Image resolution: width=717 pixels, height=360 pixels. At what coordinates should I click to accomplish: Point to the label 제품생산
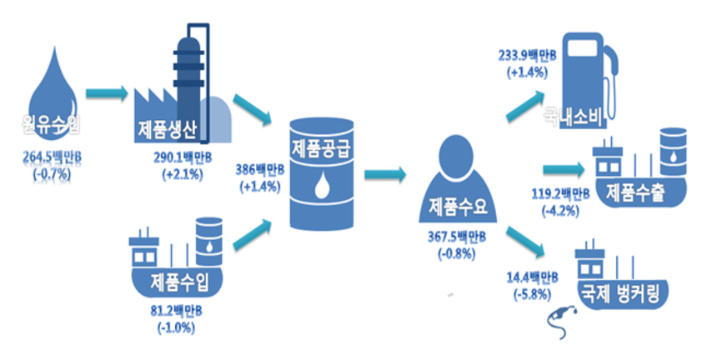[168, 131]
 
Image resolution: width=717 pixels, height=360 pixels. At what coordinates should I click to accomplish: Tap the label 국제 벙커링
[626, 293]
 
